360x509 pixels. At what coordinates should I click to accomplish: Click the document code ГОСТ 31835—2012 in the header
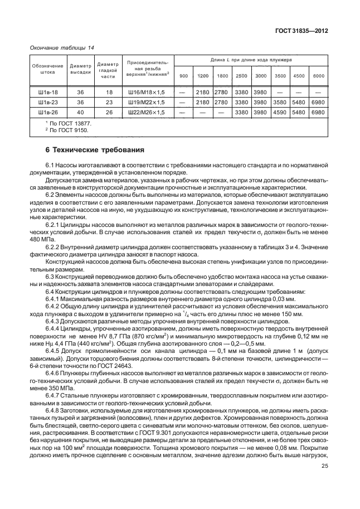pyautogui.click(x=300, y=31)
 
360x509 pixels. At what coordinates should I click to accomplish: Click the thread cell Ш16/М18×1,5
pyautogui.click(x=148, y=92)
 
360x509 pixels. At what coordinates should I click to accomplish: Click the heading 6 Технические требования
pyautogui.click(x=95, y=151)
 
